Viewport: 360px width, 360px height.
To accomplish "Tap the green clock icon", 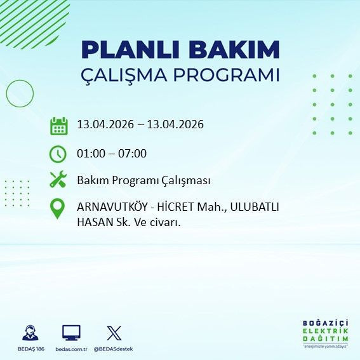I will pyautogui.click(x=58, y=154).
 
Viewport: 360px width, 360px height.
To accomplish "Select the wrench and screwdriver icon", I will pyautogui.click(x=58, y=180).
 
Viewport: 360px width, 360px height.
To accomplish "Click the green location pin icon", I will pyautogui.click(x=58, y=209).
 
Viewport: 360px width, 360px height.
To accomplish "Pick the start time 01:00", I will pyautogui.click(x=91, y=154).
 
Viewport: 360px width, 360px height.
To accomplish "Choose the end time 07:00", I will pyautogui.click(x=132, y=154).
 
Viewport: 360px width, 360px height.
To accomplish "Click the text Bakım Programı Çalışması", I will pyautogui.click(x=143, y=181).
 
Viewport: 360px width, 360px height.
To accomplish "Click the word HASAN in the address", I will pyautogui.click(x=94, y=222).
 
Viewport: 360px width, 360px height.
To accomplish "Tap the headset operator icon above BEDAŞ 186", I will pyautogui.click(x=29, y=333).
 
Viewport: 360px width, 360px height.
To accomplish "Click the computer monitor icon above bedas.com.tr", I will pyautogui.click(x=71, y=333).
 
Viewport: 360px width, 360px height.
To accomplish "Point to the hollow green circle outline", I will pyautogui.click(x=20, y=93).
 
